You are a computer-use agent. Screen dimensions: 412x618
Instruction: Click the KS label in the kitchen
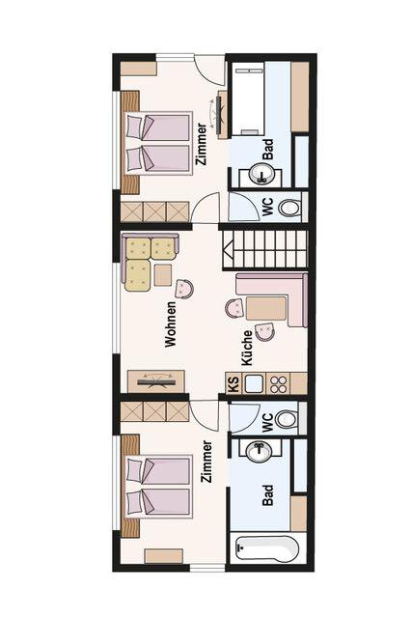point(233,382)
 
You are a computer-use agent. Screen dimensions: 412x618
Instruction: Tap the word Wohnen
point(171,324)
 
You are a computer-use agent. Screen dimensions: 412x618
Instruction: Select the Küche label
point(247,348)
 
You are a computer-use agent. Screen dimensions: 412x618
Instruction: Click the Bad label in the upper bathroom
point(268,149)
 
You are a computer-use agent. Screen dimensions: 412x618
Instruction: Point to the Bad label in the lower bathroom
point(268,495)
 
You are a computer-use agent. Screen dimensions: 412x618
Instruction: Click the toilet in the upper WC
point(289,208)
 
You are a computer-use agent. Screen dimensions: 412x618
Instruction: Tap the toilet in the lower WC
point(287,419)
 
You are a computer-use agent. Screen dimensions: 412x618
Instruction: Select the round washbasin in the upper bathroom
point(261,174)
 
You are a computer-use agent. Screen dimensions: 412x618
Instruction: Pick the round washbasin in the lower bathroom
point(259,450)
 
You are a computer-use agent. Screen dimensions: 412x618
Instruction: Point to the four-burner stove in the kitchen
point(279,383)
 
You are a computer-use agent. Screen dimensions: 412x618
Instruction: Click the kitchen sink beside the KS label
point(254,383)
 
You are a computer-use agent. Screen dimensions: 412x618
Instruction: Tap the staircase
point(264,249)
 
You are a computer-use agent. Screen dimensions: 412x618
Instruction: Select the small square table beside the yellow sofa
point(163,274)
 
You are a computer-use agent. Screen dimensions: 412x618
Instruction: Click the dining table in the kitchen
point(266,308)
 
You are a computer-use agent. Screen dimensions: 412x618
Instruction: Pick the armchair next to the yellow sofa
point(184,289)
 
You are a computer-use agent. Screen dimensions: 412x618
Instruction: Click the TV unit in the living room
point(156,381)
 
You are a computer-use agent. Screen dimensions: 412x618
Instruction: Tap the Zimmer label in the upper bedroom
point(202,144)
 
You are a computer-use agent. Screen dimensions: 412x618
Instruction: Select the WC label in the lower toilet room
point(267,422)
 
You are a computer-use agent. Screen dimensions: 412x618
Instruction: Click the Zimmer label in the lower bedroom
point(206,462)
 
